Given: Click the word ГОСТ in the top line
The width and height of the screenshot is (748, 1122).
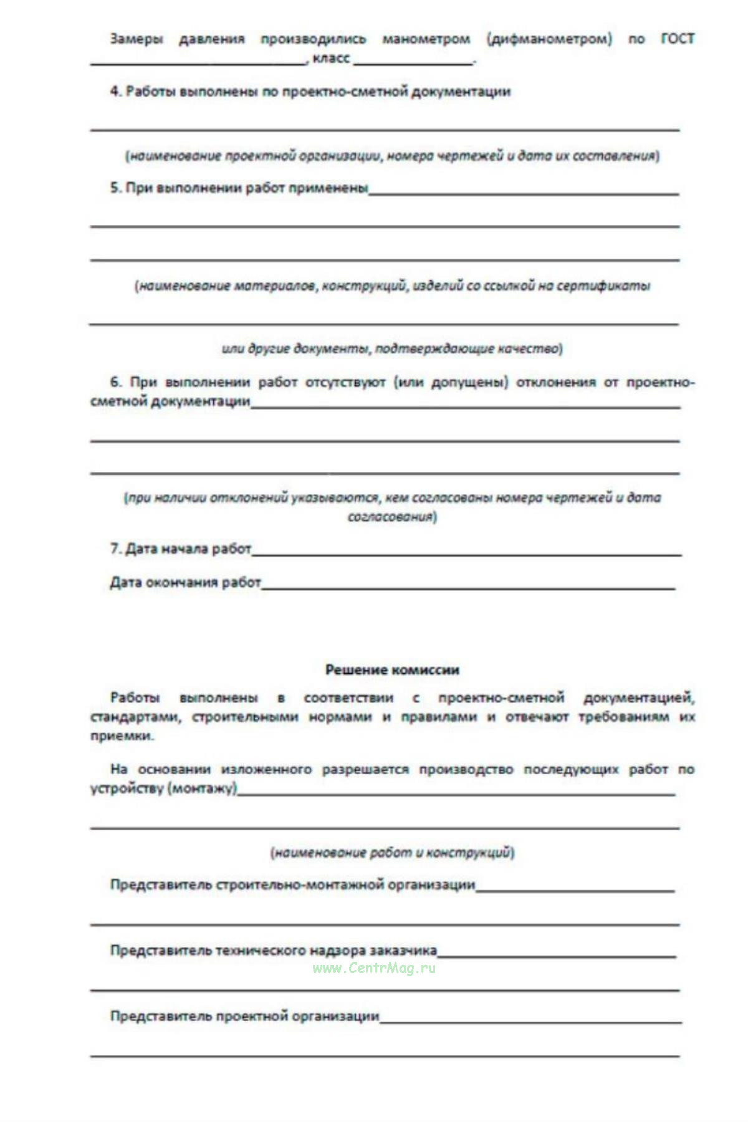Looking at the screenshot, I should point(677,39).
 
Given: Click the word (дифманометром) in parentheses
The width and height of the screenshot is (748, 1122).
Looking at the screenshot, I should point(549,39).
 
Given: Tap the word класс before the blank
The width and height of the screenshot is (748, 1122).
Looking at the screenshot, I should point(331,58).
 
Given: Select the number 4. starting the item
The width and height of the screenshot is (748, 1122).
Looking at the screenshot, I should point(116,91).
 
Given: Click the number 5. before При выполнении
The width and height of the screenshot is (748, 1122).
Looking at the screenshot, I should point(116,188).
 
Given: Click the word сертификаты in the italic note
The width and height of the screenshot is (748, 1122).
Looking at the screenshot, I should point(603,286).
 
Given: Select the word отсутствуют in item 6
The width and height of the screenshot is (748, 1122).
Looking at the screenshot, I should point(345,382).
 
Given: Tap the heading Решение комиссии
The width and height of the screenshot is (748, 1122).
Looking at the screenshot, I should point(392,670).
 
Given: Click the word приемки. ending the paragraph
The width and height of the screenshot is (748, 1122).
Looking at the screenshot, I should point(122,736).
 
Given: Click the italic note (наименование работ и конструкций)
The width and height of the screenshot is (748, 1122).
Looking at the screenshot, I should point(392,852).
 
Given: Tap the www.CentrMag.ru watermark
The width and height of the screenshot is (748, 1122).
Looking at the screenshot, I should point(374,967).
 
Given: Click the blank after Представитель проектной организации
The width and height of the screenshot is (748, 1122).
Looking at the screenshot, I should point(530,1019).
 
